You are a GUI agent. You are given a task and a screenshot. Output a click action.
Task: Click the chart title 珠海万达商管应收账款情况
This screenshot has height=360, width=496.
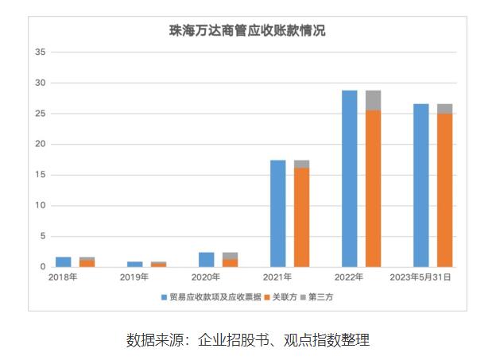click(247, 31)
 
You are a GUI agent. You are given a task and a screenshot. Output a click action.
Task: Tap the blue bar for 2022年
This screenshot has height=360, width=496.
click(350, 178)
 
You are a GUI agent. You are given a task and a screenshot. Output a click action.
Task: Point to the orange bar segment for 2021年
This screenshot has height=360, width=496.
click(302, 217)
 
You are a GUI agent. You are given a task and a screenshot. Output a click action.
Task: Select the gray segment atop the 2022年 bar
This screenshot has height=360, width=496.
click(374, 100)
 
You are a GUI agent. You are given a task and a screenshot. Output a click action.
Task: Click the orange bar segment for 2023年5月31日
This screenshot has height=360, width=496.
click(445, 190)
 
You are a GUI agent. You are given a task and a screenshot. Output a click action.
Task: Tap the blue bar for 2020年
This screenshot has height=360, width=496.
click(207, 259)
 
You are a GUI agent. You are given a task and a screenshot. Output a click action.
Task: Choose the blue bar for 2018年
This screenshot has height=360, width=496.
click(64, 261)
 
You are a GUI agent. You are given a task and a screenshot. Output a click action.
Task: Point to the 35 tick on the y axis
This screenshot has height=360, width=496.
click(41, 52)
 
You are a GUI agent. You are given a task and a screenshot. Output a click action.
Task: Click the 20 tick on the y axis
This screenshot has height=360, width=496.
click(41, 145)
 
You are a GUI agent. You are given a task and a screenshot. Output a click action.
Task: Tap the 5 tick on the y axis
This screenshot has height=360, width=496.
click(44, 236)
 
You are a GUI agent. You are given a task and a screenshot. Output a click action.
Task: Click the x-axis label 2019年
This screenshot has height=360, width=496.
click(135, 277)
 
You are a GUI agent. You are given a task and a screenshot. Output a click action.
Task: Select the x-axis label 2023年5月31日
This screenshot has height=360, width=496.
click(422, 277)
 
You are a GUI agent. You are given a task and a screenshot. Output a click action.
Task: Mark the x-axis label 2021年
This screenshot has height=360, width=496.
click(278, 277)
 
